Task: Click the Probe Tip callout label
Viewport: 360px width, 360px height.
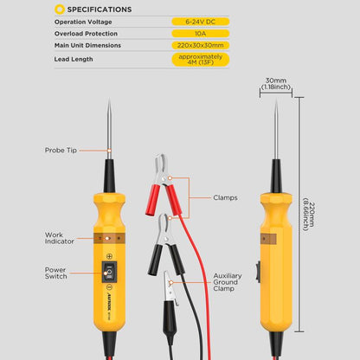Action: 61,150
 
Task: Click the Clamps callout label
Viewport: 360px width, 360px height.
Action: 225,197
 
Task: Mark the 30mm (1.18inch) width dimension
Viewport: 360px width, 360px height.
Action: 276,83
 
